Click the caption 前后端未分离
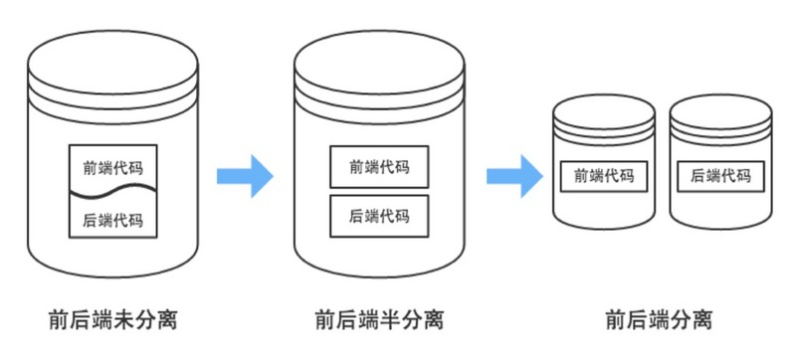[112, 320]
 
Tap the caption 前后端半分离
[379, 320]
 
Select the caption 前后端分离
[659, 320]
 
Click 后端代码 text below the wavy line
[112, 220]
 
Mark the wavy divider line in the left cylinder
[112, 190]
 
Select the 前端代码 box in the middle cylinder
[379, 167]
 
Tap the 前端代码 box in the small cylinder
[604, 176]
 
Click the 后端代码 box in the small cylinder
[720, 176]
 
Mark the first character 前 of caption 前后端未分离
[58, 320]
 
